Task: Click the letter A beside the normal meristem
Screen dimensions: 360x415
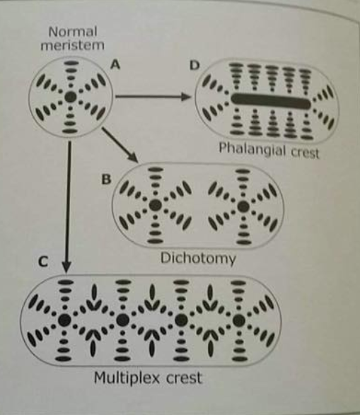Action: [x=115, y=64]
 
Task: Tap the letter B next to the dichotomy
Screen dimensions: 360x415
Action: [x=106, y=179]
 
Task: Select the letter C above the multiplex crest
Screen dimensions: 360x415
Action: [x=43, y=262]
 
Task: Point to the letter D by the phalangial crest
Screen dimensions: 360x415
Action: [x=194, y=65]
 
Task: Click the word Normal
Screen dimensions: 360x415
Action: [x=73, y=32]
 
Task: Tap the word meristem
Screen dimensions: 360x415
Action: [x=72, y=45]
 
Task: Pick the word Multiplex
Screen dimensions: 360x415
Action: [x=127, y=378]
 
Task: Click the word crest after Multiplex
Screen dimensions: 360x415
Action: [x=184, y=378]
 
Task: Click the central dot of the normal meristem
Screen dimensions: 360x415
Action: [x=71, y=97]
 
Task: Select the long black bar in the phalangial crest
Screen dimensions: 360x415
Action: [x=271, y=101]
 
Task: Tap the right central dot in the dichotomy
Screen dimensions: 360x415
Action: [x=243, y=206]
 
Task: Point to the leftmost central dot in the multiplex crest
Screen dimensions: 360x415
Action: [x=64, y=320]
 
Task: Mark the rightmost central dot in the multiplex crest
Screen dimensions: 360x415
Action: [x=239, y=320]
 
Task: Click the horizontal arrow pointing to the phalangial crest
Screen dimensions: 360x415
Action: [x=153, y=96]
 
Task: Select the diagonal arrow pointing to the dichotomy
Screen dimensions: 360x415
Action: [x=120, y=145]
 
